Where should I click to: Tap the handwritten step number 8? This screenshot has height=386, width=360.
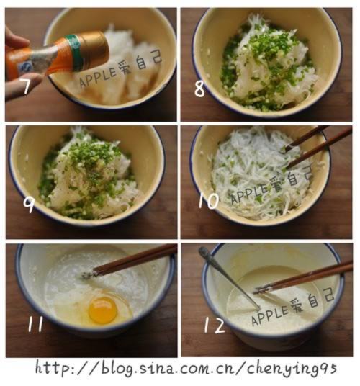(199, 89)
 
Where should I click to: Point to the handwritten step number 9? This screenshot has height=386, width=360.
(28, 205)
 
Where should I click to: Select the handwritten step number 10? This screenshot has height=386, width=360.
(207, 201)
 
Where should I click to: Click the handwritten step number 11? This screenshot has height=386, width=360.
(35, 324)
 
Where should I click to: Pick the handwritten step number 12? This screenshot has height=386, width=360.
(215, 326)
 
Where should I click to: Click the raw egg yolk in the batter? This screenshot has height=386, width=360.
(102, 310)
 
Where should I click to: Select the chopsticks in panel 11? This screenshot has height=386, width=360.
(134, 260)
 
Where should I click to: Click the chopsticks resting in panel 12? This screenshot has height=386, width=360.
(302, 277)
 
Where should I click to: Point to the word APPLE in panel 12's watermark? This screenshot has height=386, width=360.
(268, 316)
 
